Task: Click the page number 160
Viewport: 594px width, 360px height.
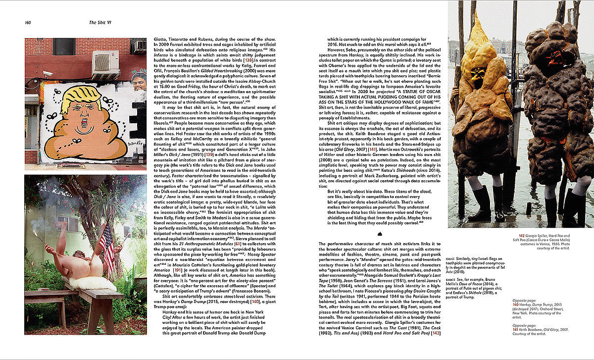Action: point(28,22)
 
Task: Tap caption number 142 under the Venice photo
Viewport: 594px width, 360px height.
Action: point(522,236)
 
